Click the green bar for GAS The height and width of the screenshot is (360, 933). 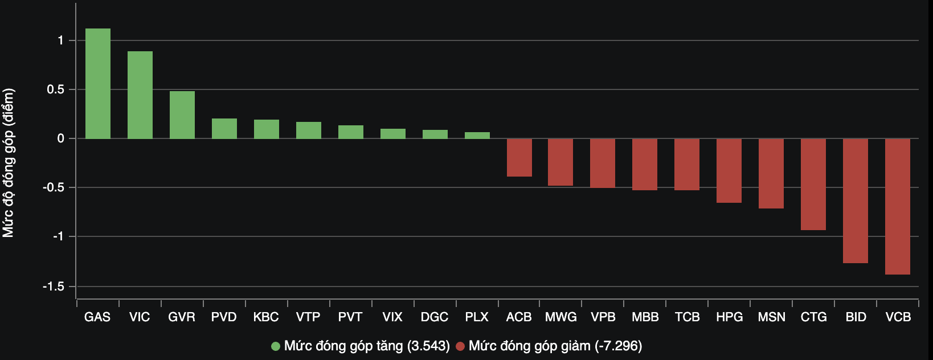click(97, 84)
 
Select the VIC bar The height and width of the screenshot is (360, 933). click(140, 95)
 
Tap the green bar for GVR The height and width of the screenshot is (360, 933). click(182, 115)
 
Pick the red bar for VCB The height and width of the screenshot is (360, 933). click(897, 206)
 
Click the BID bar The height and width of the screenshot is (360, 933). click(855, 201)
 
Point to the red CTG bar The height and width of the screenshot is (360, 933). click(813, 184)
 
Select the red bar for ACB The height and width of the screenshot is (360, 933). click(519, 158)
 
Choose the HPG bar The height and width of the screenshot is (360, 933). click(729, 170)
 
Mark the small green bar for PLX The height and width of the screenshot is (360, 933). click(477, 136)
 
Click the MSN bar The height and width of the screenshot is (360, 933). click(771, 173)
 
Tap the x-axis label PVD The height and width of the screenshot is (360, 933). click(224, 317)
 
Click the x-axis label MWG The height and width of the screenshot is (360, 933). click(561, 317)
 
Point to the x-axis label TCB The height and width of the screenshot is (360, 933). click(687, 317)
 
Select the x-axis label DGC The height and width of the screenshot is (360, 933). click(435, 317)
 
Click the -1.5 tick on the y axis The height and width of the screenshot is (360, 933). click(54, 287)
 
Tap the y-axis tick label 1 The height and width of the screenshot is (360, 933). click(60, 40)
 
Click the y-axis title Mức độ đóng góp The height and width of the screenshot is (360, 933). click(9, 163)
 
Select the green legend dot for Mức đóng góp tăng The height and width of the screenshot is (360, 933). click(276, 346)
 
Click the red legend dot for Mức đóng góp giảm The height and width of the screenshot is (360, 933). click(460, 346)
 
